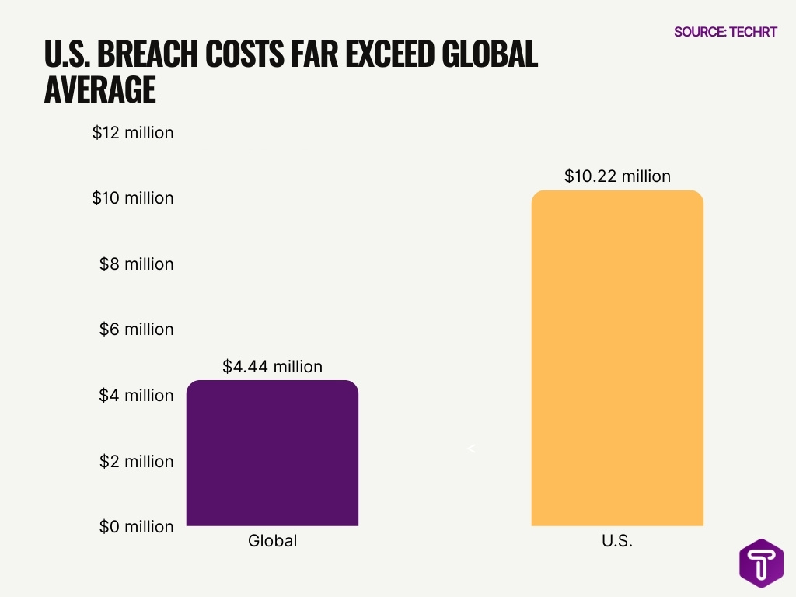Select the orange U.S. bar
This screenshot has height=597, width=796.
coord(617,358)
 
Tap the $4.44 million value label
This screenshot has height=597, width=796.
coord(272,366)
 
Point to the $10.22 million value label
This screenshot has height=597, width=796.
coord(617,176)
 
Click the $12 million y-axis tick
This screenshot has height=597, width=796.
coord(133,133)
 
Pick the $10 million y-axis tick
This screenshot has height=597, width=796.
coord(133,198)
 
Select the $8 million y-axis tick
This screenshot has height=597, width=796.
coord(136,264)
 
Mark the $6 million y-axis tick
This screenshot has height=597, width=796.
coord(136,330)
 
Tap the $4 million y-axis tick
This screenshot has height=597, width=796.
coord(136,396)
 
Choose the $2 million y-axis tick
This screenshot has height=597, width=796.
coord(136,461)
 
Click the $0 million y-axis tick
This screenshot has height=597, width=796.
coord(136,527)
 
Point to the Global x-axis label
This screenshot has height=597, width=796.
coord(272,541)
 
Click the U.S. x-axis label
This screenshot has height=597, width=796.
coord(617,541)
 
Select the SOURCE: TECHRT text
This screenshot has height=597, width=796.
coord(725,32)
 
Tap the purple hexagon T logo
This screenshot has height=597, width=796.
coord(761,563)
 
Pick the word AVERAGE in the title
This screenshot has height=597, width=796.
coord(99,90)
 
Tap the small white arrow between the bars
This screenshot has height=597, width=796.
coord(471,449)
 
